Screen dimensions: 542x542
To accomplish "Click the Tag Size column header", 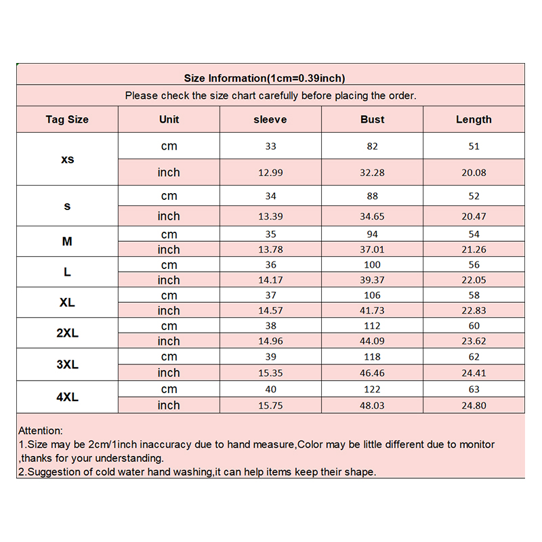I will [67, 119].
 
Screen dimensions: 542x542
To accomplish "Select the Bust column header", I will [372, 119].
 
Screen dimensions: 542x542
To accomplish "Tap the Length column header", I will [474, 119].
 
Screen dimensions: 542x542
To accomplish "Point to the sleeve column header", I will [270, 119].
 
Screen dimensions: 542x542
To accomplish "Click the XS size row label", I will [67, 159].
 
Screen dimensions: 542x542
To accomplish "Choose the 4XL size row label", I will [67, 397].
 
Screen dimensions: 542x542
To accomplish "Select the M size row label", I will [67, 241].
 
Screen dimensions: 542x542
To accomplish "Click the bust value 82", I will [372, 146].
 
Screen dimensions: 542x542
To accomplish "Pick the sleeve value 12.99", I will [270, 173].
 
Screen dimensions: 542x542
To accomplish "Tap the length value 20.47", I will [474, 216].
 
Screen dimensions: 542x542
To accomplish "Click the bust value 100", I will [372, 265].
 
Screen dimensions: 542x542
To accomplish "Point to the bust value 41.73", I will [372, 311].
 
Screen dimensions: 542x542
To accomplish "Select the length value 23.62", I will [474, 341].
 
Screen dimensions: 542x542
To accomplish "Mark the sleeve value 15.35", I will [270, 373].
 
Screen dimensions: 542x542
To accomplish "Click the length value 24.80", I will [474, 405].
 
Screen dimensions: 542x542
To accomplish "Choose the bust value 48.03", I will [372, 405].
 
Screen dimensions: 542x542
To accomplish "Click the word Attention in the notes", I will [40, 430].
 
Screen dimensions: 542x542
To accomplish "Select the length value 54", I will [474, 234].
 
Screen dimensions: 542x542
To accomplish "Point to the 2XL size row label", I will [67, 333].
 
